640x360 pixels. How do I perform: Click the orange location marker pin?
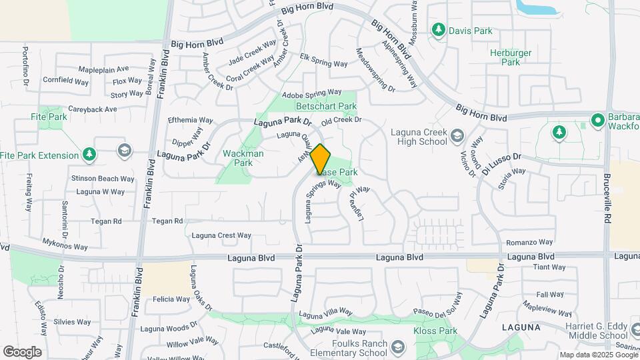click(321, 159)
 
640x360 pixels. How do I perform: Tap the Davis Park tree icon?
click(438, 29)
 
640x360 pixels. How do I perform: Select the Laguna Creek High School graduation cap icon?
click(457, 136)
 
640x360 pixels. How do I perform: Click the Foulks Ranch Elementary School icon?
click(398, 347)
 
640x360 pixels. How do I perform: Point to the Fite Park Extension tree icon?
click(89, 155)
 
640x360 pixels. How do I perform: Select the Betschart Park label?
click(327, 106)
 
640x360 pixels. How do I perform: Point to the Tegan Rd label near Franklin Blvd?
click(167, 221)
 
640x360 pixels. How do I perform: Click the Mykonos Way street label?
click(65, 247)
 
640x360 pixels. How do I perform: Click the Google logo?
click(22, 351)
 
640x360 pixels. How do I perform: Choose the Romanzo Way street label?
click(530, 242)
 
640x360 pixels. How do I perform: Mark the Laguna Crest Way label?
click(221, 235)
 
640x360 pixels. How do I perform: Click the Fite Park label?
click(49, 117)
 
